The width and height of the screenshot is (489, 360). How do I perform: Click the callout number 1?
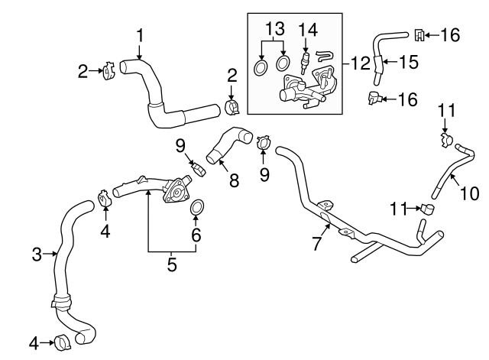coord(140,34)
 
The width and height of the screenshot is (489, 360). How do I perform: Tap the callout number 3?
coord(37,255)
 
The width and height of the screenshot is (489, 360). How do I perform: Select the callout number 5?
coord(171,265)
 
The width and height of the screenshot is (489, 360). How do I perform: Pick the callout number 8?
coord(234,181)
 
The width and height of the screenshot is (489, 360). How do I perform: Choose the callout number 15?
coord(409,62)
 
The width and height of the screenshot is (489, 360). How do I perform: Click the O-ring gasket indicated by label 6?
coord(196,207)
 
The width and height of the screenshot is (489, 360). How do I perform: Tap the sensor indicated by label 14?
coord(305,59)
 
